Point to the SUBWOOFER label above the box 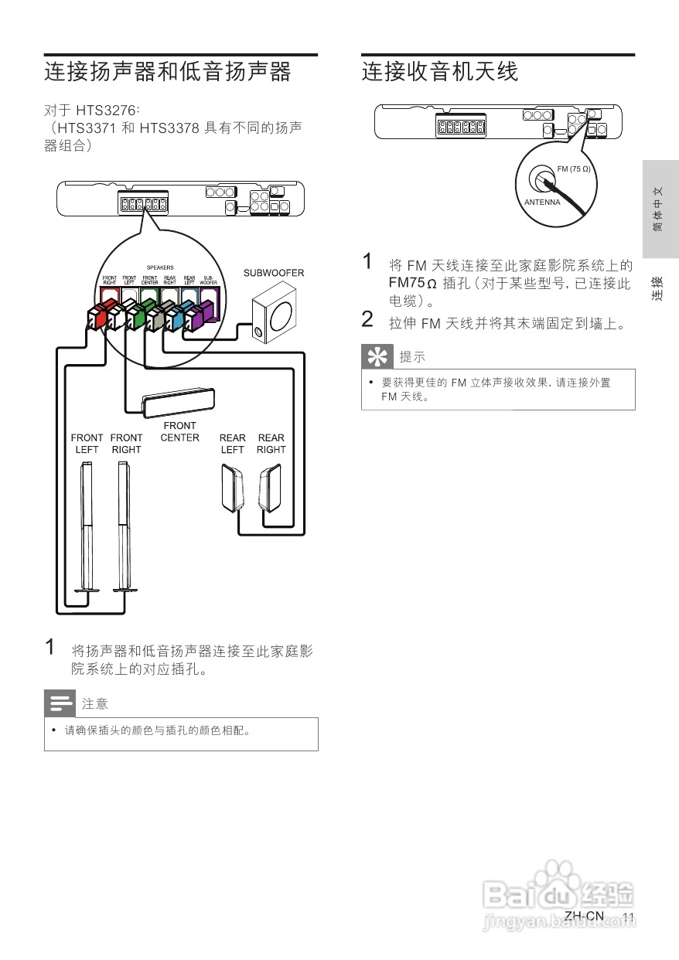[x=274, y=273]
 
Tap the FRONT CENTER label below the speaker [x=179, y=431]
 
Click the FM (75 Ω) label [x=573, y=169]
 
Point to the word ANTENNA [x=542, y=203]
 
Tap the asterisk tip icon [x=377, y=358]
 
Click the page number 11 [x=628, y=917]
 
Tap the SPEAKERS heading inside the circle [x=160, y=267]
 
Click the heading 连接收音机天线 [x=440, y=72]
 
